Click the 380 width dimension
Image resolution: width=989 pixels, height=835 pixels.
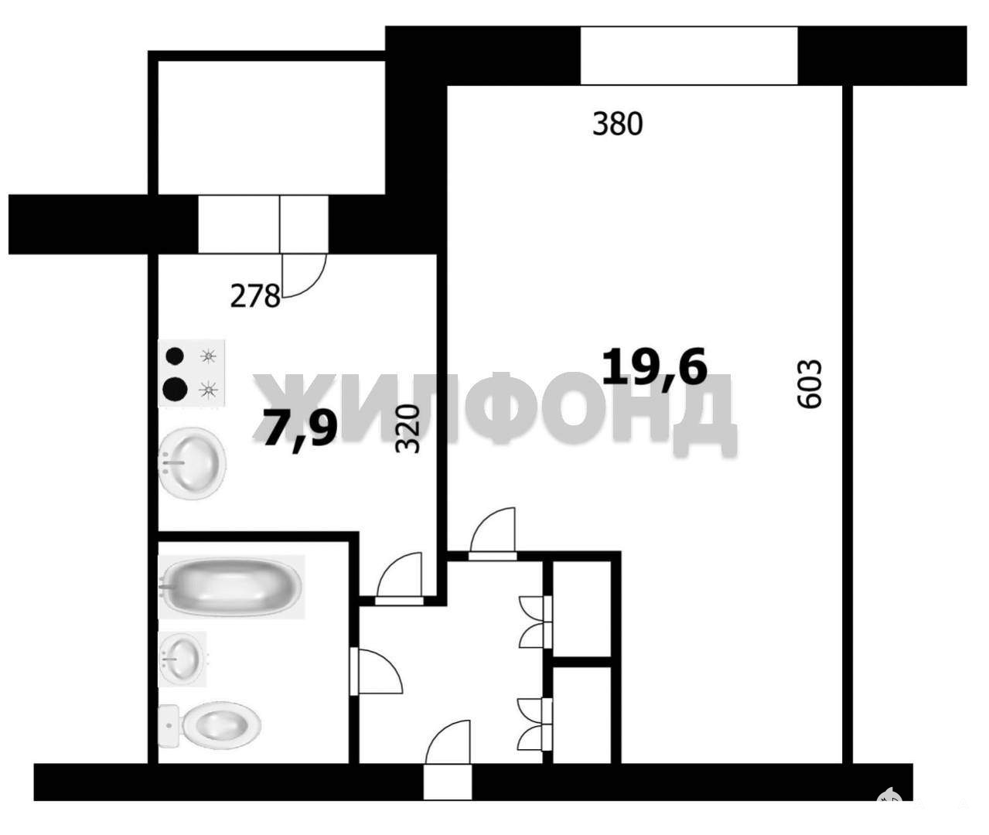tap(617, 124)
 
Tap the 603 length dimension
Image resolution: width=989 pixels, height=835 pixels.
tap(810, 384)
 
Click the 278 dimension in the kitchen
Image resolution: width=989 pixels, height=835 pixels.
tap(255, 296)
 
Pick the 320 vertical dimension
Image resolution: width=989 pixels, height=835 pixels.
tap(408, 428)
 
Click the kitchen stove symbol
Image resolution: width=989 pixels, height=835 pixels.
tap(191, 373)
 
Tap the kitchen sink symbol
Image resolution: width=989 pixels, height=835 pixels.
tap(192, 463)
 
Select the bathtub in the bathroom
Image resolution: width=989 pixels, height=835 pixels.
tap(232, 586)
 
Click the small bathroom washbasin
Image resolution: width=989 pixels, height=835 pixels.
tap(182, 659)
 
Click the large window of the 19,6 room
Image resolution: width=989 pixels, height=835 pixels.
tap(689, 56)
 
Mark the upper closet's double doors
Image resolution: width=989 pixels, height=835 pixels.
tap(536, 622)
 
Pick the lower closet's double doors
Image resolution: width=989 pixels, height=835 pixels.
tap(535, 724)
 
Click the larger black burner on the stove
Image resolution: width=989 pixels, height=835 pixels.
tap(175, 390)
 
